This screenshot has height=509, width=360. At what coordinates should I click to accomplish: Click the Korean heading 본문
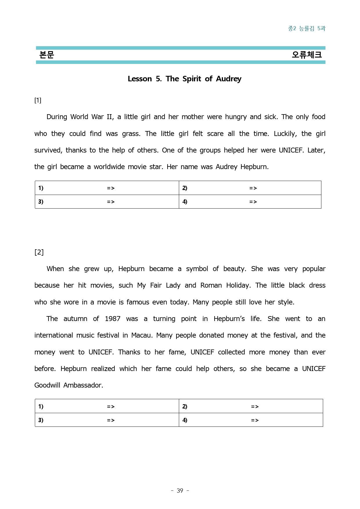[46, 55]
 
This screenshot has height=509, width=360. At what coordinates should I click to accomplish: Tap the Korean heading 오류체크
[307, 55]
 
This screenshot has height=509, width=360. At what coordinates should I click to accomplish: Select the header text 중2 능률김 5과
[307, 28]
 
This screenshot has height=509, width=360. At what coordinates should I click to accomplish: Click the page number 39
[180, 491]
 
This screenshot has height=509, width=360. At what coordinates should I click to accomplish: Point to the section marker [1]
[38, 100]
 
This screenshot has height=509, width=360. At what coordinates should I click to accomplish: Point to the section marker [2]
[39, 252]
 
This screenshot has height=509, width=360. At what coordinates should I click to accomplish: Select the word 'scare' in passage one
[215, 134]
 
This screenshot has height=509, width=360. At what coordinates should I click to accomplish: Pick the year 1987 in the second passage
[112, 319]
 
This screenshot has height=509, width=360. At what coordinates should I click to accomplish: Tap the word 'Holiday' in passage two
[238, 285]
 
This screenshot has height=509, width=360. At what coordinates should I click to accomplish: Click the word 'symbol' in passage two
[197, 269]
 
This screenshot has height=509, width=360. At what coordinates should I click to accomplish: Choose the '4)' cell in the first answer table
[185, 202]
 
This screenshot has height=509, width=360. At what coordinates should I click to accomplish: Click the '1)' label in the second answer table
[41, 406]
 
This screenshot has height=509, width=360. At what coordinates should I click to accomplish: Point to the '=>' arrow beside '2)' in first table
[253, 188]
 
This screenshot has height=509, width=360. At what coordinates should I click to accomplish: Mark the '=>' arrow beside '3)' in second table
[111, 420]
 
